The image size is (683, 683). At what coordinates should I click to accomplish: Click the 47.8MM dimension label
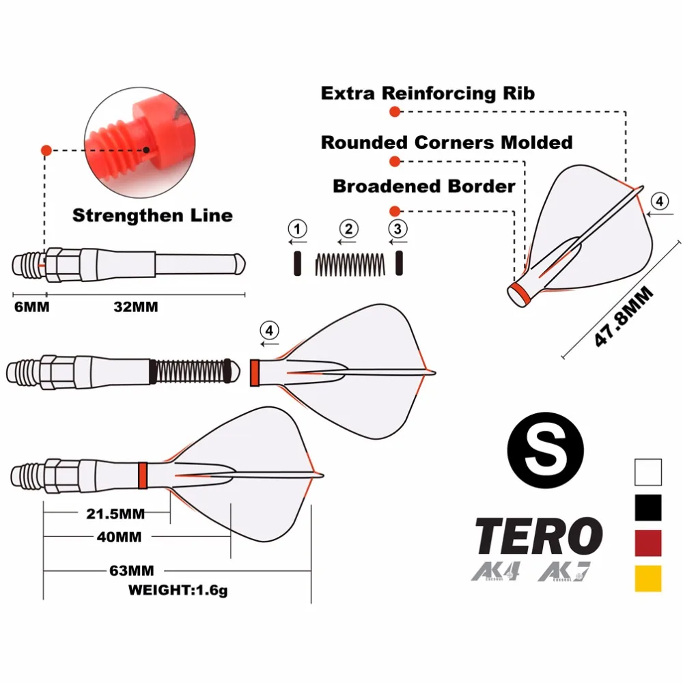(622, 316)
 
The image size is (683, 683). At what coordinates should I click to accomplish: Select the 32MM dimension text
(135, 307)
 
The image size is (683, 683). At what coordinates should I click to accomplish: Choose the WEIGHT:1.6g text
(178, 589)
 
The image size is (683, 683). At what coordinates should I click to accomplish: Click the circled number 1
(298, 227)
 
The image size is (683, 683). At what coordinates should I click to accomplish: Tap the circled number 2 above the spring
(348, 227)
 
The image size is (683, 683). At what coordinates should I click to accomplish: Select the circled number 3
(398, 227)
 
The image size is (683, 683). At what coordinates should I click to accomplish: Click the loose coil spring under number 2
(350, 264)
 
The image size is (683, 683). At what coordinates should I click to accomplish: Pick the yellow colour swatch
(647, 579)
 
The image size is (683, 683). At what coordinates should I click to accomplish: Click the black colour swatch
(647, 507)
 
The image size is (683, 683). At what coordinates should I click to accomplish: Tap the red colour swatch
(647, 542)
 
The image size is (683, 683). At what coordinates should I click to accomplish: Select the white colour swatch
(647, 471)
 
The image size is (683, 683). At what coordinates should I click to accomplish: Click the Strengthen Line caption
(152, 216)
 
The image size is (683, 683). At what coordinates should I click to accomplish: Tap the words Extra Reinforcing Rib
(428, 93)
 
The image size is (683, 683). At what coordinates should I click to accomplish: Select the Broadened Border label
(424, 186)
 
